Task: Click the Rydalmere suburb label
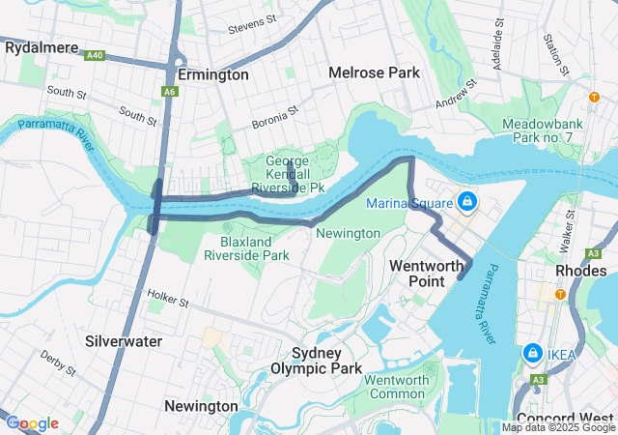point(42,45)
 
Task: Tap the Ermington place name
point(213,74)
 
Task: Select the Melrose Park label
point(374,72)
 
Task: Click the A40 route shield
point(96,56)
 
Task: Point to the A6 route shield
point(170,91)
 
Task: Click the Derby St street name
point(58,363)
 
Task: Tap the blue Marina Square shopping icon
point(467,201)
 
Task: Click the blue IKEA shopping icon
point(532,354)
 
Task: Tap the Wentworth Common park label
point(396,387)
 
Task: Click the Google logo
point(32,423)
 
